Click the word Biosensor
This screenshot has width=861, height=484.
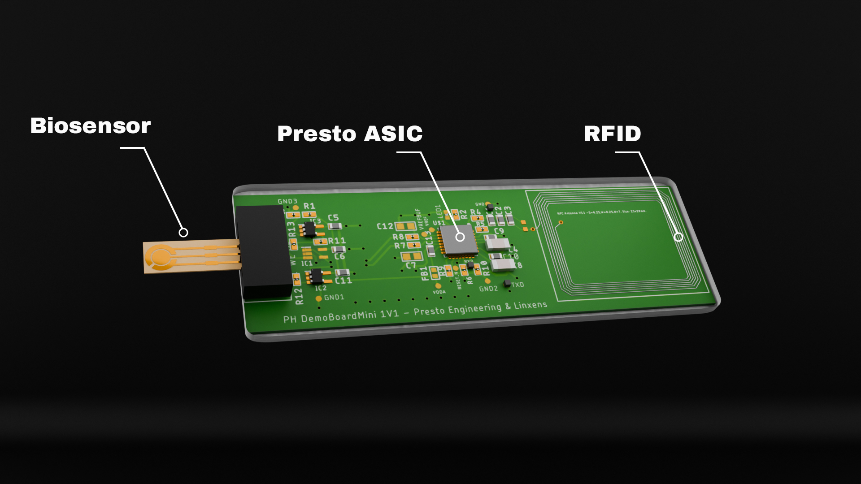[90, 126]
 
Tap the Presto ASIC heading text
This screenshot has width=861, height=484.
[350, 134]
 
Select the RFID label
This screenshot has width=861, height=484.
[612, 134]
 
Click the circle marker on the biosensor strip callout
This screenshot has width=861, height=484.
[183, 233]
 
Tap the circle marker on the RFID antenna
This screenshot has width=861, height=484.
[678, 237]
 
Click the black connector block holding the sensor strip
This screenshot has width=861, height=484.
[265, 251]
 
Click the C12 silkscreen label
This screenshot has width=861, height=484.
[385, 226]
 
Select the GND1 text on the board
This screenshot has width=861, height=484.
[334, 297]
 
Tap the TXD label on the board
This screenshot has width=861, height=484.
[517, 285]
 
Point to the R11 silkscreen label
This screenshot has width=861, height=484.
[337, 241]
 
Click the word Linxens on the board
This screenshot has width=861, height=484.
[531, 305]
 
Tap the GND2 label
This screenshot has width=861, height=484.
[488, 289]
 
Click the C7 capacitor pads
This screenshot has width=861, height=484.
[412, 257]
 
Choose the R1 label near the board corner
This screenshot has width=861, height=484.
[309, 206]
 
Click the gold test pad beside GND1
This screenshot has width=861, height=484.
[319, 298]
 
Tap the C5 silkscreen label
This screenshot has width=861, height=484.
[333, 218]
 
